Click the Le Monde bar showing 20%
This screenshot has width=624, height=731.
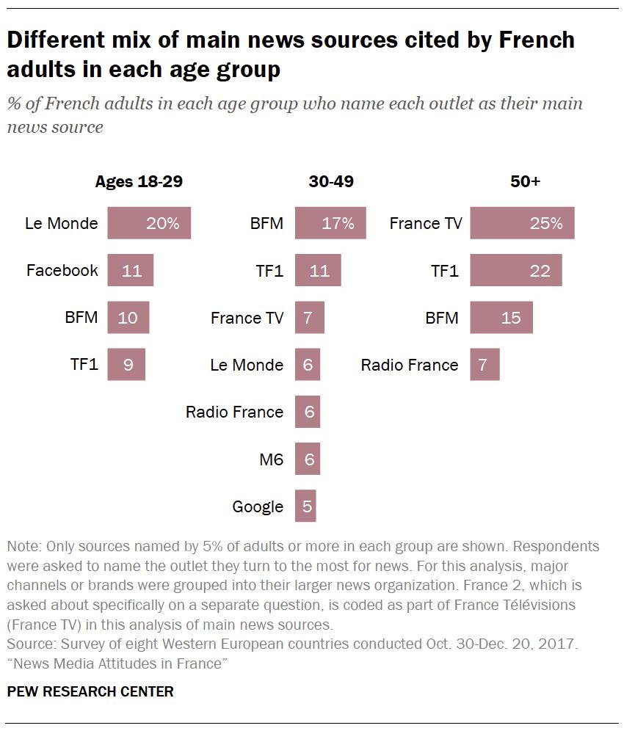click(149, 223)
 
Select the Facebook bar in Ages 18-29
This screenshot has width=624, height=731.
click(131, 270)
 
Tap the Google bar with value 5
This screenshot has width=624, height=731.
click(305, 506)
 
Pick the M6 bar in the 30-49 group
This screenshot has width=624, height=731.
click(308, 459)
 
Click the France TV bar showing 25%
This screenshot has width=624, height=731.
click(522, 223)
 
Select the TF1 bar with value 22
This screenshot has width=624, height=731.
click(515, 270)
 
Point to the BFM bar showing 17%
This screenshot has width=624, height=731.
click(330, 223)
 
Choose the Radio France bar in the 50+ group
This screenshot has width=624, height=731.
click(485, 365)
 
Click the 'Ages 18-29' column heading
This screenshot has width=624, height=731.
click(139, 182)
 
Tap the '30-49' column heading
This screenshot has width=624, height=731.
click(331, 182)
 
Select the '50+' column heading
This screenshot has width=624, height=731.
click(525, 182)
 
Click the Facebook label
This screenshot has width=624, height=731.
click(62, 270)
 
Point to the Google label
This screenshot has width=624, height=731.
click(258, 506)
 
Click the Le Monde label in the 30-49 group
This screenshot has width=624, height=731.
click(247, 365)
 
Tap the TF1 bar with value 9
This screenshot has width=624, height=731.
click(126, 365)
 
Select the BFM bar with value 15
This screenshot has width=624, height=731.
click(501, 318)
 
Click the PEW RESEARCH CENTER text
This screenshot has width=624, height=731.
click(90, 691)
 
